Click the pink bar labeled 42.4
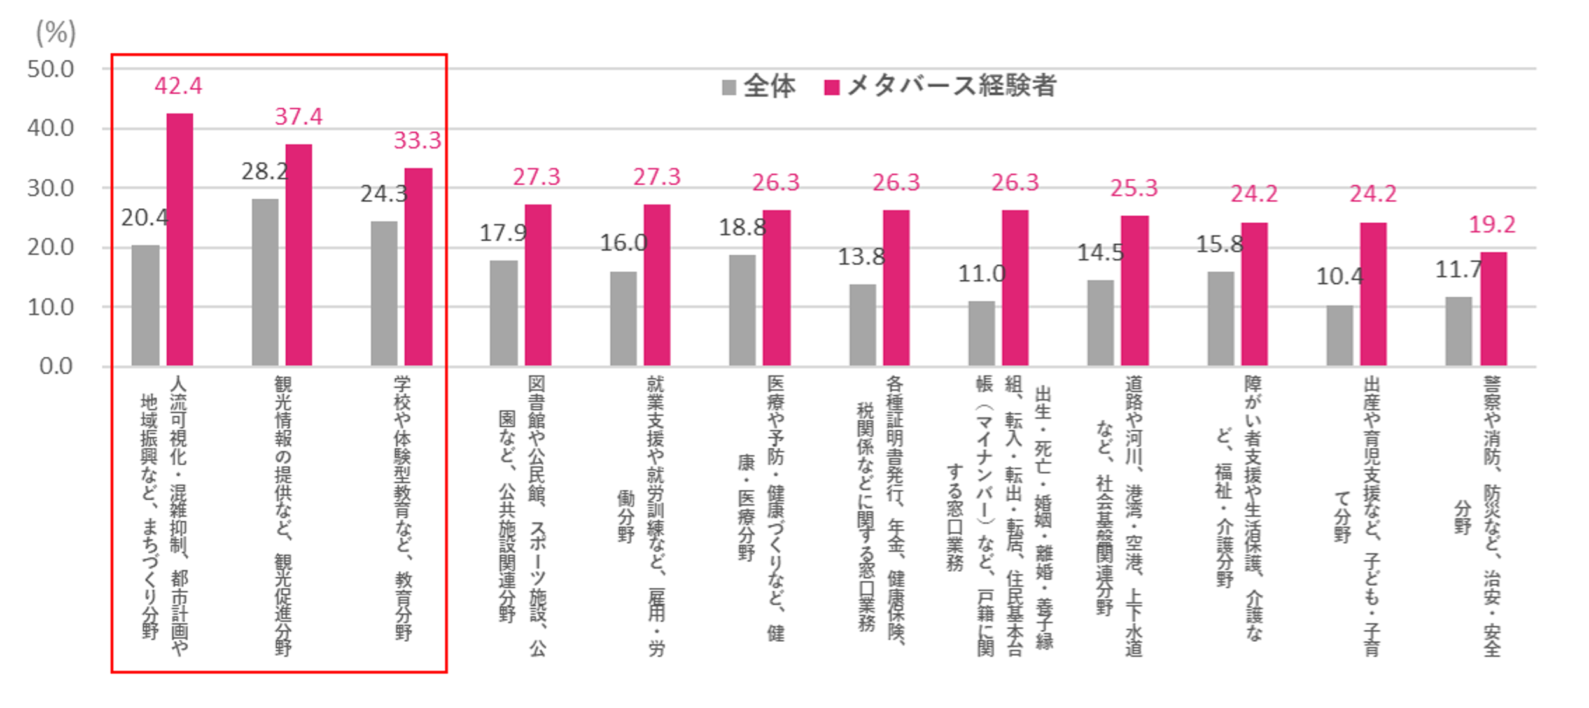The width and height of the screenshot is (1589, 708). [x=179, y=239]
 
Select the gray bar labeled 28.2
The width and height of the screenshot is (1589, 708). [x=265, y=282]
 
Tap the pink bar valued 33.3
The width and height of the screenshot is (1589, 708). [x=418, y=267]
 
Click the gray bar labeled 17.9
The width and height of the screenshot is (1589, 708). [x=503, y=313]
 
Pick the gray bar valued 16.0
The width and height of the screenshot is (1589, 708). [x=623, y=318]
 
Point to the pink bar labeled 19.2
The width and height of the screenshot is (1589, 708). [x=1493, y=309]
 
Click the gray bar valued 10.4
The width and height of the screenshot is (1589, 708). [x=1340, y=336]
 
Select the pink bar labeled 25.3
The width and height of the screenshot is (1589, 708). [x=1135, y=290]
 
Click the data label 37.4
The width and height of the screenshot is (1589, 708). [x=298, y=117]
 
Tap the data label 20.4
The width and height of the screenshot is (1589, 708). [x=144, y=218]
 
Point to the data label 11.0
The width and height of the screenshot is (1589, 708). [x=982, y=274]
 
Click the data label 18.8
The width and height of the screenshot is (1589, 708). [x=742, y=227]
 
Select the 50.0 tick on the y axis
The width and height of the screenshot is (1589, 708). [x=50, y=69]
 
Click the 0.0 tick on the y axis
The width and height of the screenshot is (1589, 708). [x=56, y=366]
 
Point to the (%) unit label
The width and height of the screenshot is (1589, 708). [x=56, y=32]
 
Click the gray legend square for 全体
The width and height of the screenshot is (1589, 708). [x=729, y=87]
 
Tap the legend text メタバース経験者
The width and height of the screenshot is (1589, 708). [x=952, y=86]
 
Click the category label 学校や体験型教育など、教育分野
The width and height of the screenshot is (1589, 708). [x=403, y=507]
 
